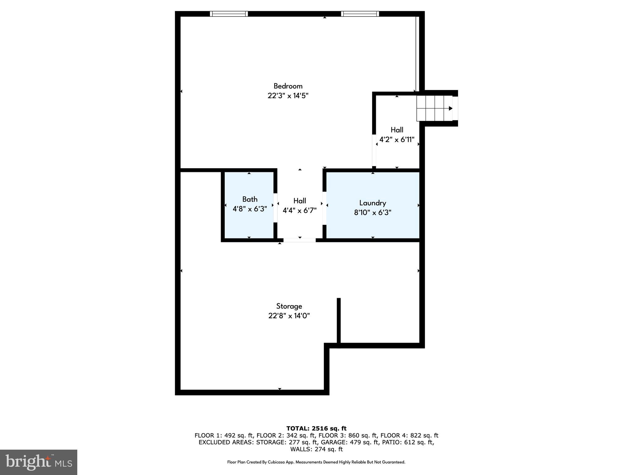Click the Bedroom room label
click(288, 86)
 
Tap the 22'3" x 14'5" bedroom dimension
click(288, 96)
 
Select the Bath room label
click(250, 199)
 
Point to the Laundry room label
click(372, 203)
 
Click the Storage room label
click(289, 306)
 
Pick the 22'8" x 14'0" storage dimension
click(289, 316)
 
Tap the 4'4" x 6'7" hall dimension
click(300, 211)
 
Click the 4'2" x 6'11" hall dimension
click(397, 140)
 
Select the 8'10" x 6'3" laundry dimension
click(372, 212)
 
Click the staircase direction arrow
click(450, 109)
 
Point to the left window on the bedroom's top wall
click(229, 14)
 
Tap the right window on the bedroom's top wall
click(360, 14)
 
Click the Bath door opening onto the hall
click(275, 208)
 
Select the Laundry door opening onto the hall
click(324, 208)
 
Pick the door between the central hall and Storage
click(299, 240)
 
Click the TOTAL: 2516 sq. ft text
click(316, 429)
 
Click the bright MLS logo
click(39, 462)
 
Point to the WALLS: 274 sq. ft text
click(316, 449)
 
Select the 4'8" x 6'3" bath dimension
click(250, 209)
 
